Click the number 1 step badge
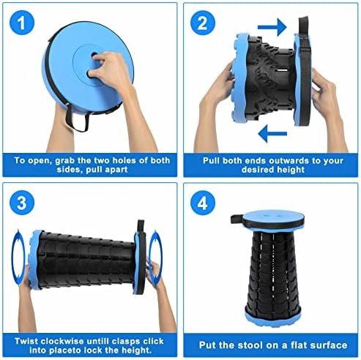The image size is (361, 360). pyautogui.click(x=25, y=23)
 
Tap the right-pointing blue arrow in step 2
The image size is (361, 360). pyautogui.click(x=272, y=26)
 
